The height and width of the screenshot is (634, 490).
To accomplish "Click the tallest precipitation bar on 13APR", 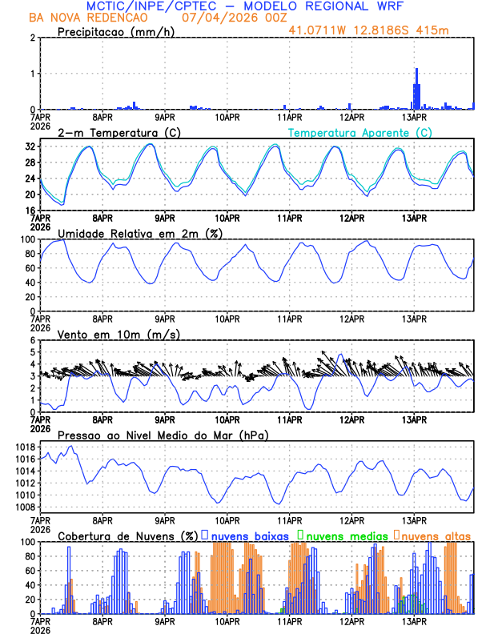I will (416, 88).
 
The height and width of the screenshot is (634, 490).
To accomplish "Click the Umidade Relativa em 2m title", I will (137, 233).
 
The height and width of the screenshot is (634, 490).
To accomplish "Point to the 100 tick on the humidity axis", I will (27, 239).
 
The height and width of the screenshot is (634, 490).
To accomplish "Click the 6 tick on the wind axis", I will (33, 340).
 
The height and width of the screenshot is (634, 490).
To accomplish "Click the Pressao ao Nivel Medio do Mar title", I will (163, 435).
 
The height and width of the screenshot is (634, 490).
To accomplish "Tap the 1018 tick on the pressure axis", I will (24, 447).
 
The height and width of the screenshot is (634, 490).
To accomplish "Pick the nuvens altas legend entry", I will (436, 536).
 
